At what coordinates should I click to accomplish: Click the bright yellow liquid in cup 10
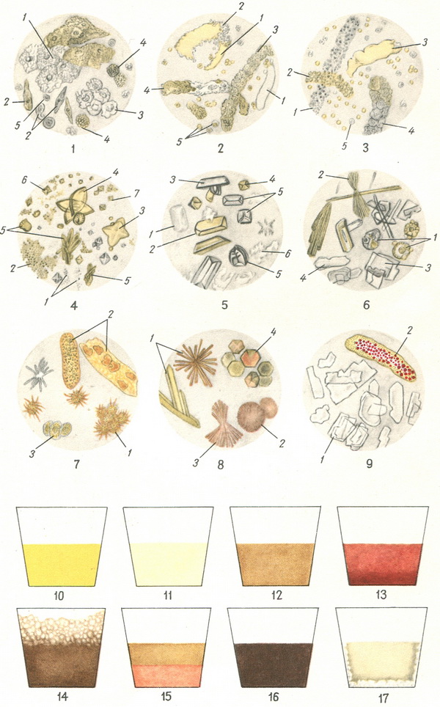pos(62,565)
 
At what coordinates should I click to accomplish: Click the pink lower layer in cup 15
pos(167,675)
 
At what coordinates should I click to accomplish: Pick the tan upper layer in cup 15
pos(167,653)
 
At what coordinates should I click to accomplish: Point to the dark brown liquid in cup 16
pos(274,664)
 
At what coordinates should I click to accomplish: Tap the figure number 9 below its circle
pos(369,463)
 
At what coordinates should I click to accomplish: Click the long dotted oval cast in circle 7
pos(70,361)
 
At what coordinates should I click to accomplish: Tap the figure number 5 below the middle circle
pos(224,305)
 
